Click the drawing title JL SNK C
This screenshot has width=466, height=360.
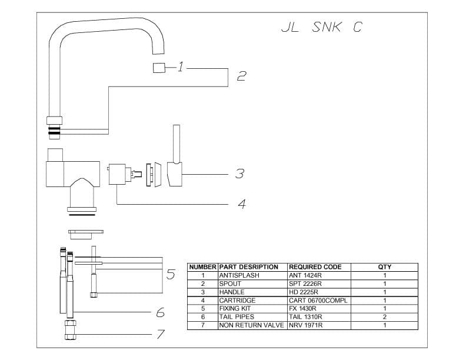pos(321,28)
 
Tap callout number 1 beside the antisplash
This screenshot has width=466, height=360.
pos(181,67)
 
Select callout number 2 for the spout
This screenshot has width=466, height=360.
pos(241,76)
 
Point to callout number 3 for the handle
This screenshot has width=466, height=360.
pos(239,174)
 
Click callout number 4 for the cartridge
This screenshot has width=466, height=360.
pos(241,204)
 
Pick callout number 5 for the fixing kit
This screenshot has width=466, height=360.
pos(171,274)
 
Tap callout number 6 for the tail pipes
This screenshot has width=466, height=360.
pos(159,312)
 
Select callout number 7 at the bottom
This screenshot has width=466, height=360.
pos(160,334)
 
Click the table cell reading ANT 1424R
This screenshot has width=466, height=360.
pos(305,275)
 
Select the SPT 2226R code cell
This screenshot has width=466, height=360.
pos(305,284)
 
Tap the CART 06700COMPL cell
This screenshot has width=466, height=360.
pos(318,300)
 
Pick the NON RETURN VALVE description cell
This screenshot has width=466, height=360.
pos(251,325)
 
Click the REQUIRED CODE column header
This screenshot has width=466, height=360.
pos(315,267)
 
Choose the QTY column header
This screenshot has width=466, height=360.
pos(384,267)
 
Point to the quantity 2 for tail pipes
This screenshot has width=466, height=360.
pos(384,317)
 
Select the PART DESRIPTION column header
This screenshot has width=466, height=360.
pos(248,267)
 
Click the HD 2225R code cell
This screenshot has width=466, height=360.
pos(304,292)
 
